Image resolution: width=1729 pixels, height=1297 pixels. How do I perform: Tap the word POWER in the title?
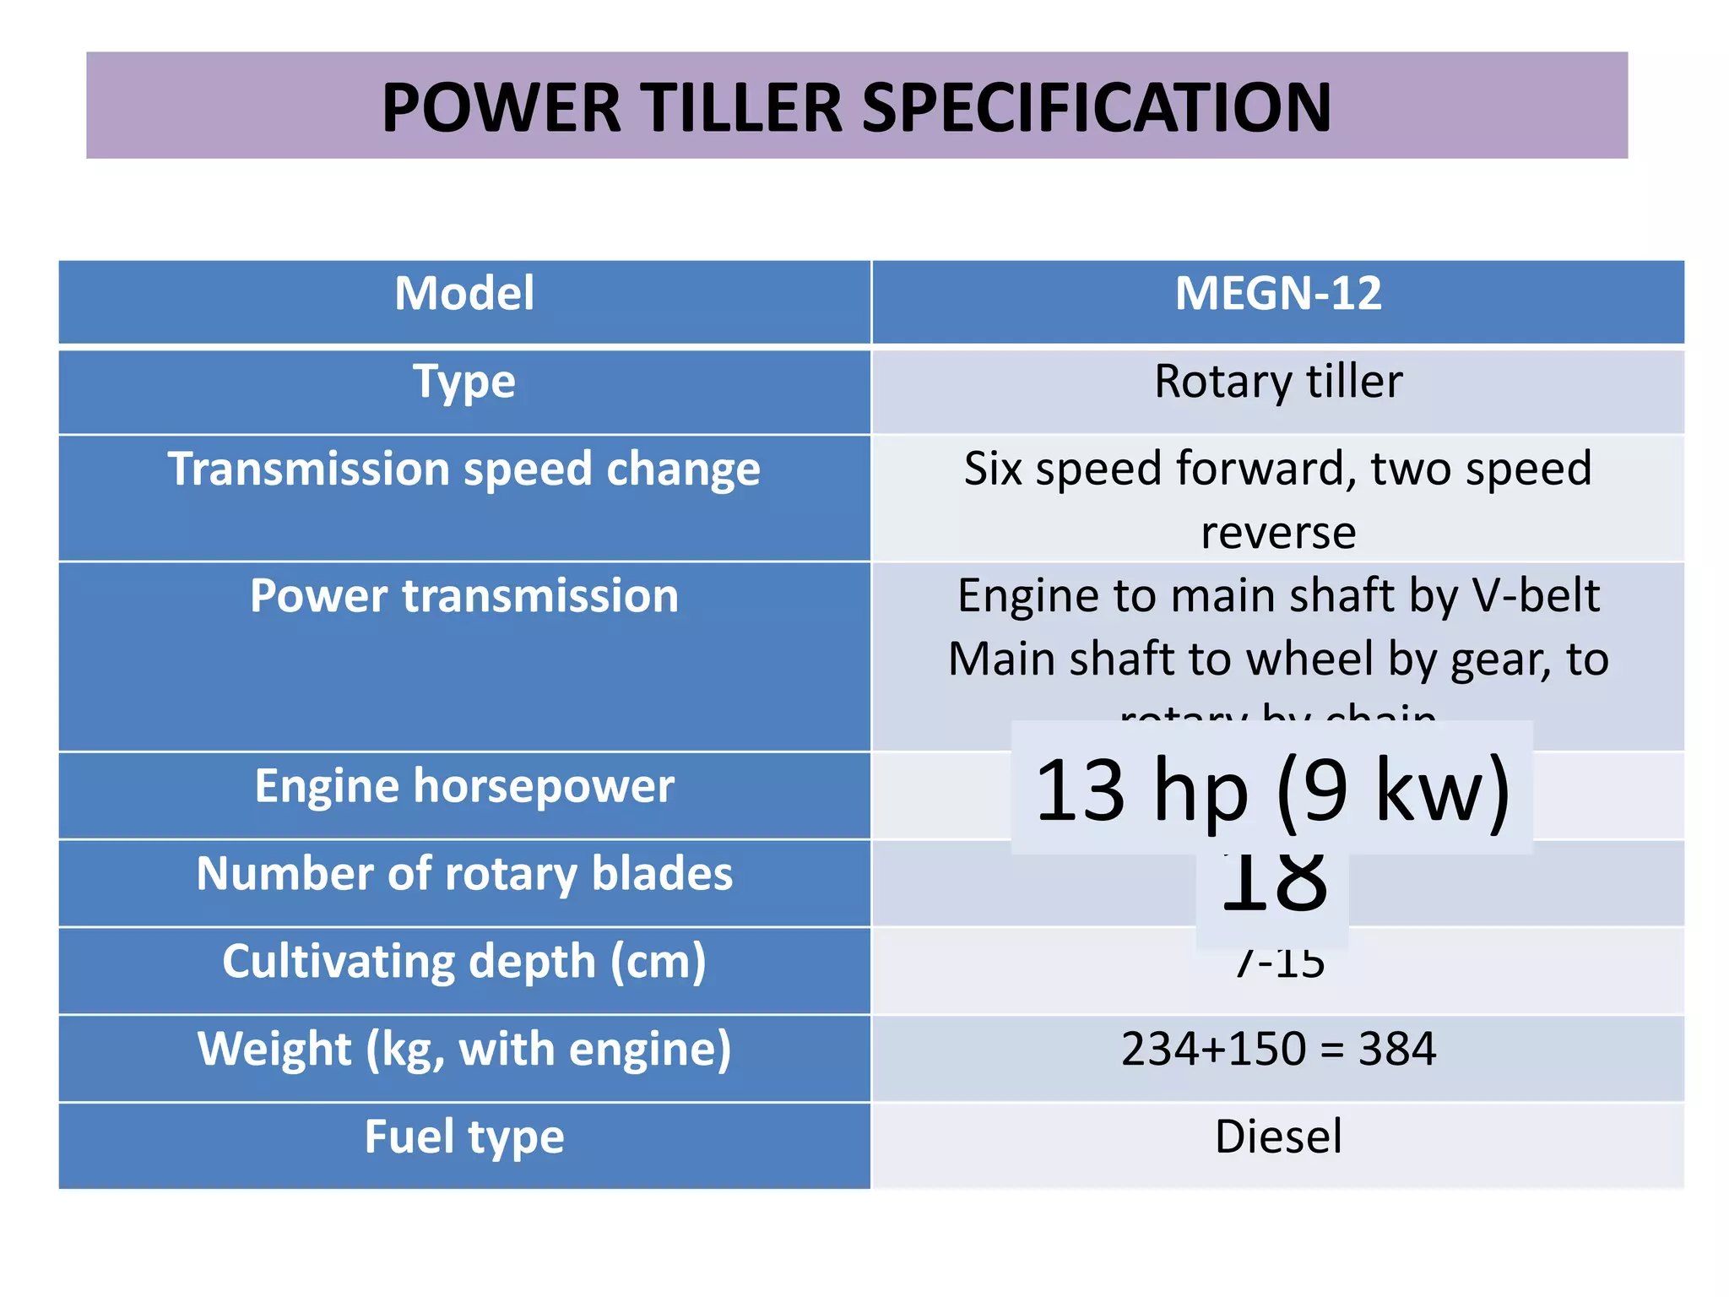point(501,108)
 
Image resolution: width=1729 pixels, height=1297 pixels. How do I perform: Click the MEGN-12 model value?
point(1278,294)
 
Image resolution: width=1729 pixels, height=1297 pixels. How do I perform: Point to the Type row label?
point(464,382)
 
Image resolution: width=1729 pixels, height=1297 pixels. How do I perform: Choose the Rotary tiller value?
point(1278,382)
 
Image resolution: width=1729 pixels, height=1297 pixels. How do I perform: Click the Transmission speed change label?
point(464,469)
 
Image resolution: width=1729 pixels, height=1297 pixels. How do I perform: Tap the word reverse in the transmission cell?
point(1278,533)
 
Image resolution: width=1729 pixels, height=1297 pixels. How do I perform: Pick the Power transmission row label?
point(464,596)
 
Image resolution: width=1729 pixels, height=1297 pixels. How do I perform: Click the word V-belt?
point(1536,596)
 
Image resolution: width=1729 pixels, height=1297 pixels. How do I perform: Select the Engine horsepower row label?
point(464,786)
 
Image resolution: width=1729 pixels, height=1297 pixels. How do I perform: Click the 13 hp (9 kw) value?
point(1271,790)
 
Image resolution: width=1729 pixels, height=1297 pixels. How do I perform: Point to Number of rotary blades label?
point(464,874)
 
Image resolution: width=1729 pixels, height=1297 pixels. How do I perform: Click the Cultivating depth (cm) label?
point(464,962)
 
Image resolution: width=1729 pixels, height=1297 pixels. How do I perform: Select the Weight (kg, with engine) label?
point(464,1050)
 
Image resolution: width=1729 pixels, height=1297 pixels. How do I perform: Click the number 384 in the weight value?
point(1396,1050)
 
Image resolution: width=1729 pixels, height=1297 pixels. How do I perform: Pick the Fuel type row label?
point(464,1137)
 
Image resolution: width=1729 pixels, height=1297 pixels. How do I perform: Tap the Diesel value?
point(1278,1137)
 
